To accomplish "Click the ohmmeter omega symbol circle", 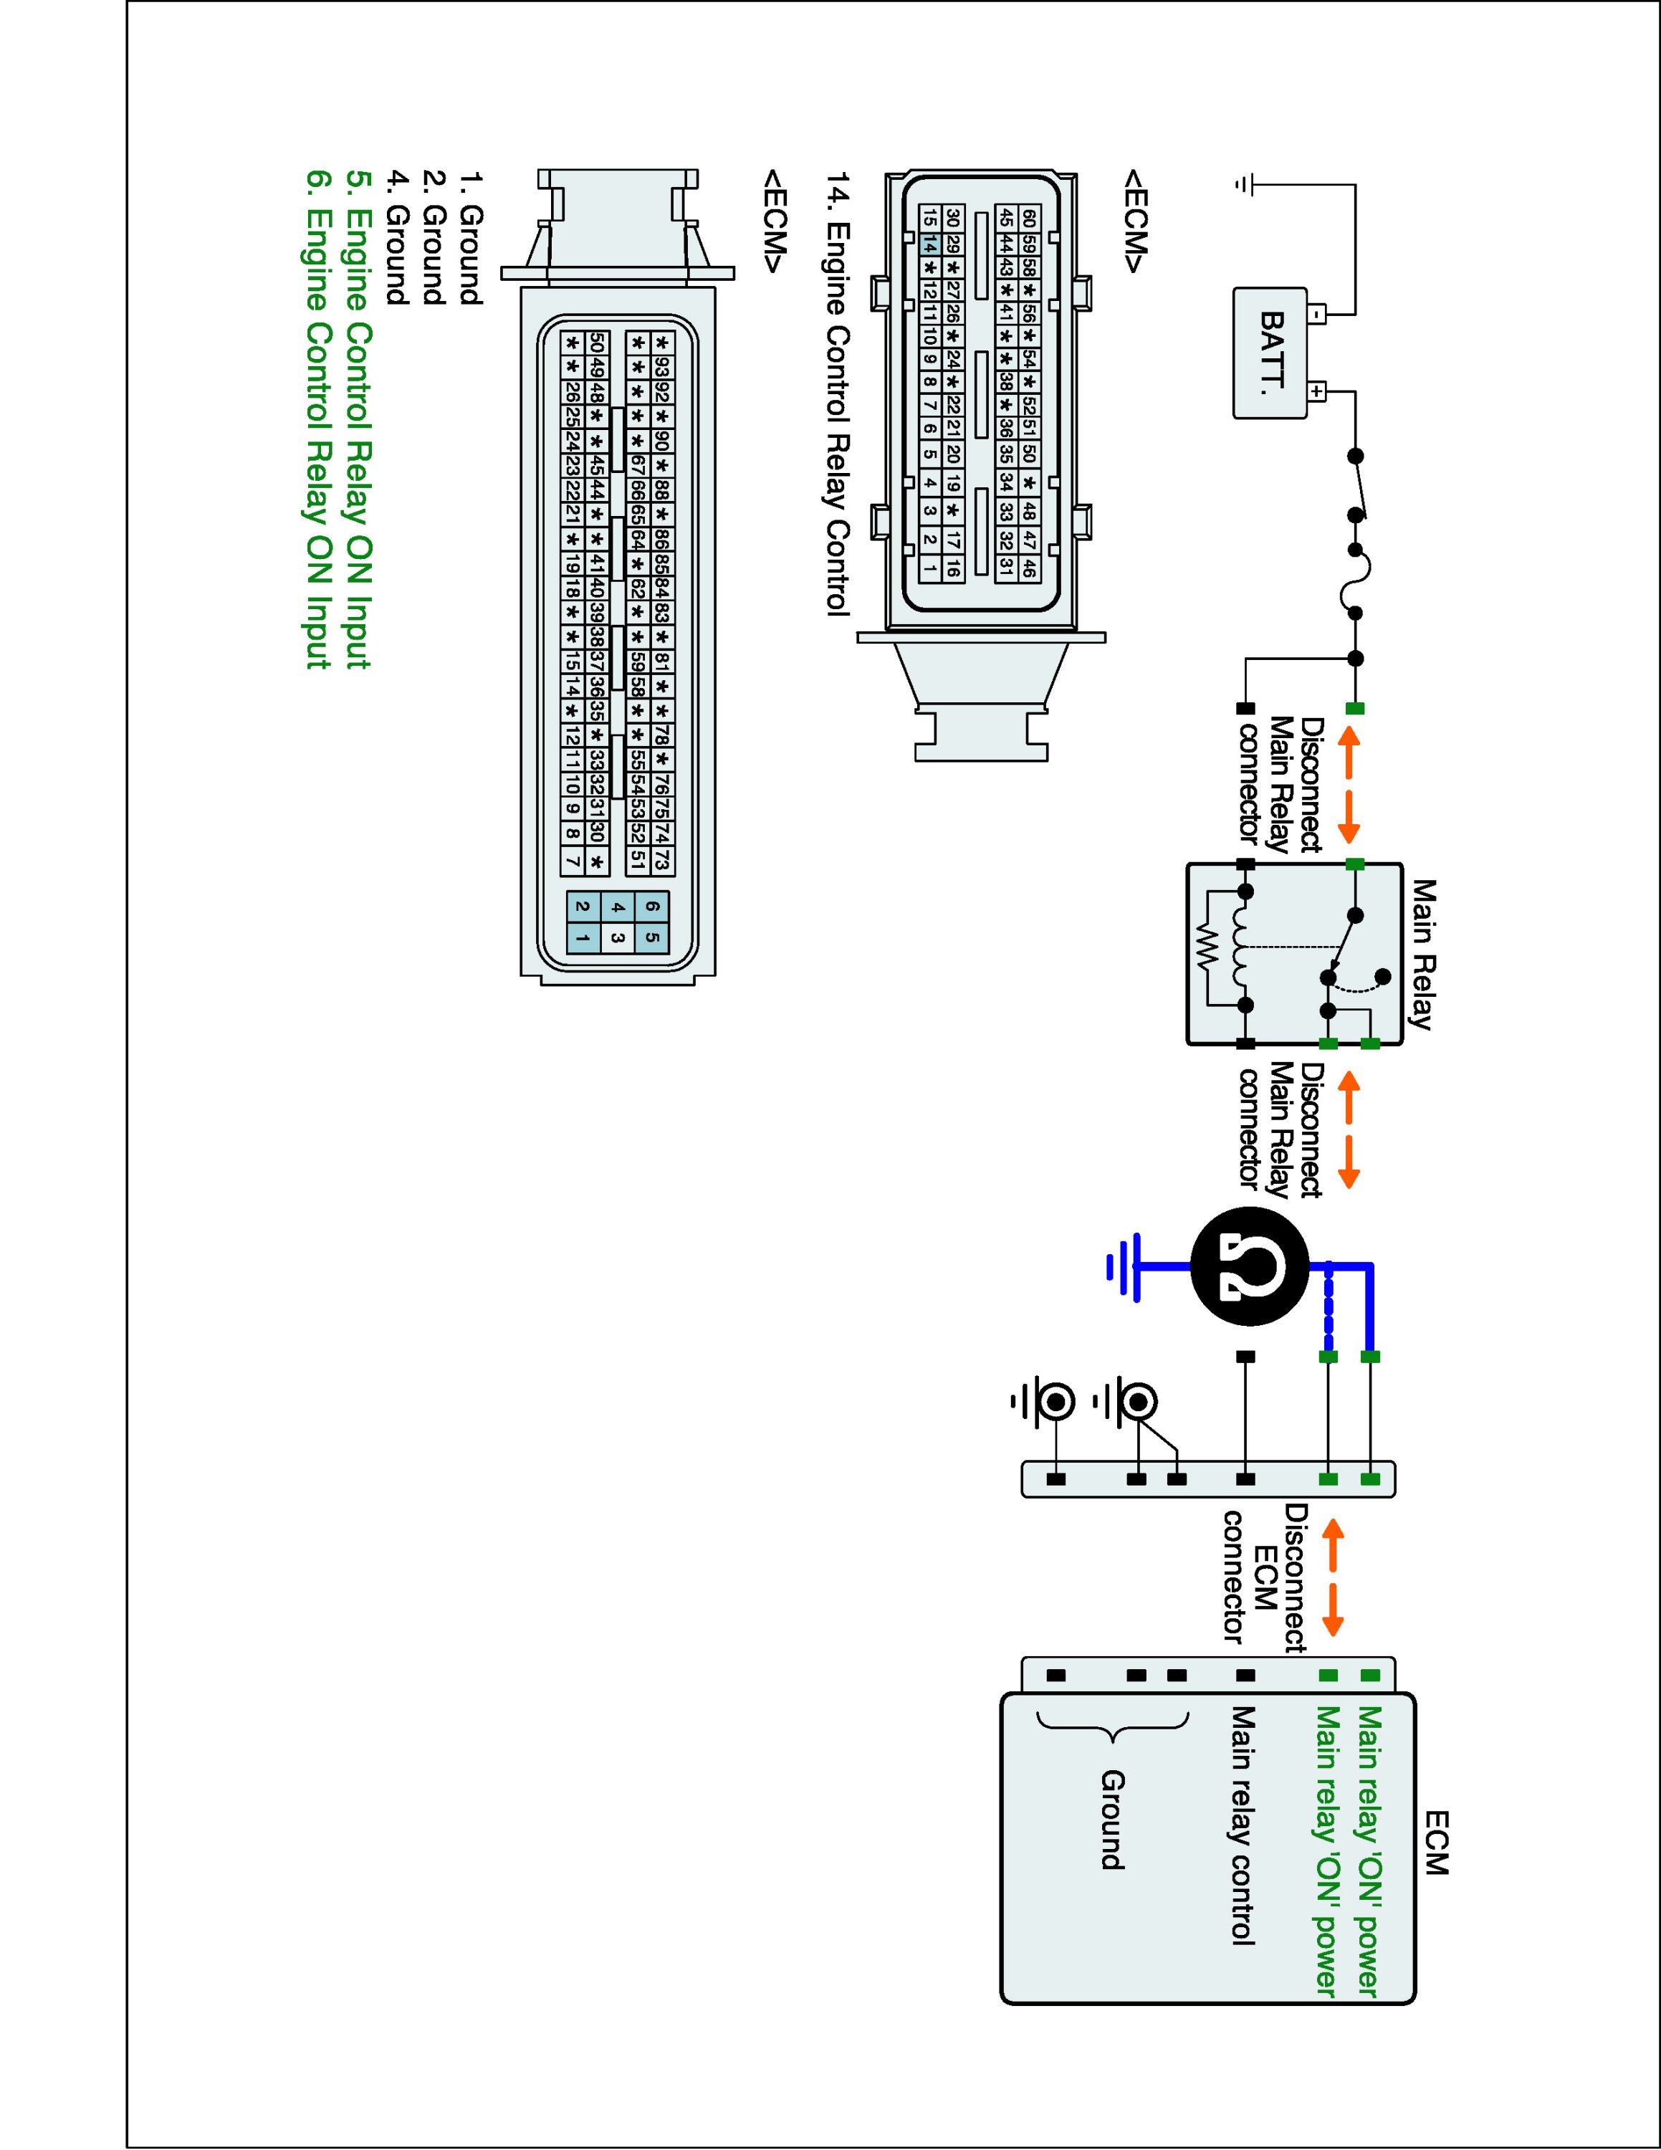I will coord(1250,1265).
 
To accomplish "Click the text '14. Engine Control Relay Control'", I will coord(838,393).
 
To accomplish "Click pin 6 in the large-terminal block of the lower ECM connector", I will coord(651,907).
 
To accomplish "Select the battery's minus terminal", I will coord(1318,315).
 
